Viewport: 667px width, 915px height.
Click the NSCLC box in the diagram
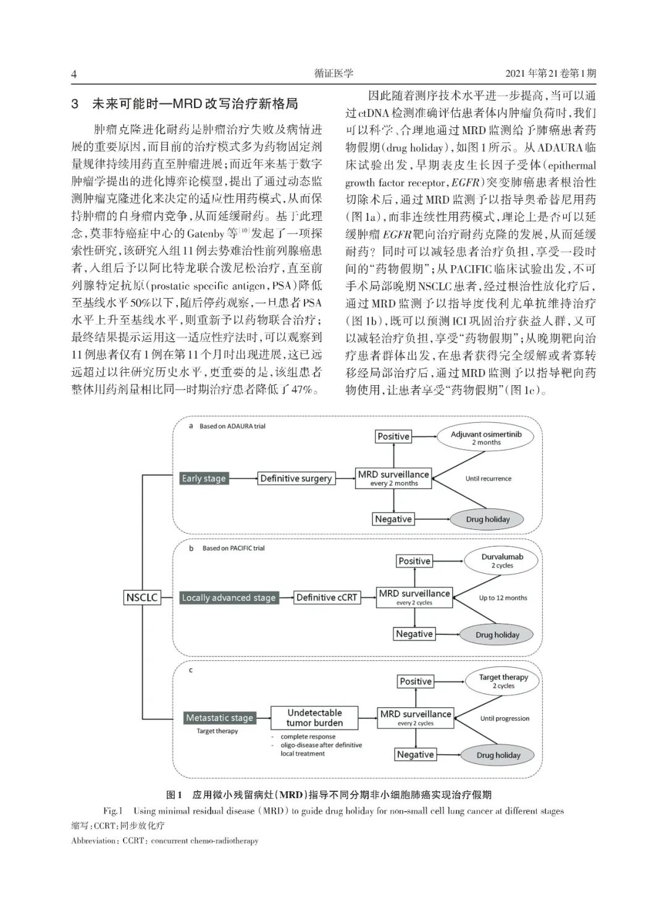[x=142, y=598]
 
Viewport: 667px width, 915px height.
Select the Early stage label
[x=204, y=478]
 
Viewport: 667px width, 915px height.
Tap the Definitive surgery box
[x=296, y=478]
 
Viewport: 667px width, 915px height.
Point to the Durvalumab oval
[x=502, y=561]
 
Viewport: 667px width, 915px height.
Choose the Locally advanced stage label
[x=229, y=598]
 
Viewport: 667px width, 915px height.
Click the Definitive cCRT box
[x=327, y=597]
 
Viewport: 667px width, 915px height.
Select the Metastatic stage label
[x=220, y=718]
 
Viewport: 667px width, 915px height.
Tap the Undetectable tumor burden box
[x=314, y=717]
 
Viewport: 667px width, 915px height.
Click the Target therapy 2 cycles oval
[x=503, y=681]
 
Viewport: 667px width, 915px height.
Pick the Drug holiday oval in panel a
[x=488, y=519]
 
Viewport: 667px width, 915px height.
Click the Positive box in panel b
[x=414, y=561]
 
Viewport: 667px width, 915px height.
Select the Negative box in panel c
[x=415, y=754]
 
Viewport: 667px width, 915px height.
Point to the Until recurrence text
[x=489, y=479]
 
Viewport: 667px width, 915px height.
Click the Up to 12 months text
[x=503, y=598]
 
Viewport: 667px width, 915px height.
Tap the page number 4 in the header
[x=74, y=74]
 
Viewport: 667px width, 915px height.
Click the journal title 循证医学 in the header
[x=333, y=74]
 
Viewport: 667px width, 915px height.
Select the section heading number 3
[x=75, y=104]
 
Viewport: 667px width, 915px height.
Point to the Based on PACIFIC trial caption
[x=233, y=548]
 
